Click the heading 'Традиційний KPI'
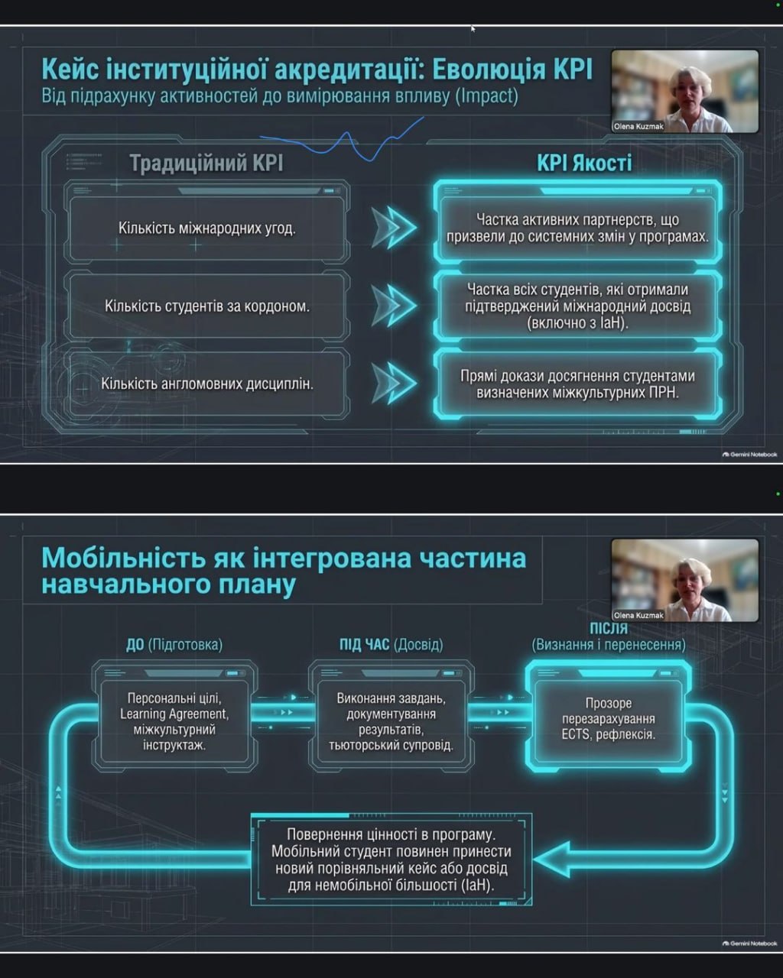(x=206, y=164)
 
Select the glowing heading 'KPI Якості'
(x=584, y=164)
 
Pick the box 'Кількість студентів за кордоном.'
(x=207, y=306)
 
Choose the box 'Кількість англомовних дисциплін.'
(x=207, y=384)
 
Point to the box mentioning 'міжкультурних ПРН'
(x=577, y=384)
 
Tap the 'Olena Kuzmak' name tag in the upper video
(x=638, y=126)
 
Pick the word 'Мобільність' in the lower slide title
(x=124, y=558)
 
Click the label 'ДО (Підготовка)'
(x=174, y=644)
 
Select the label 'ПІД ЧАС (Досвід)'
(x=391, y=644)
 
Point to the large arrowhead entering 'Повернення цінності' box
(x=553, y=859)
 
